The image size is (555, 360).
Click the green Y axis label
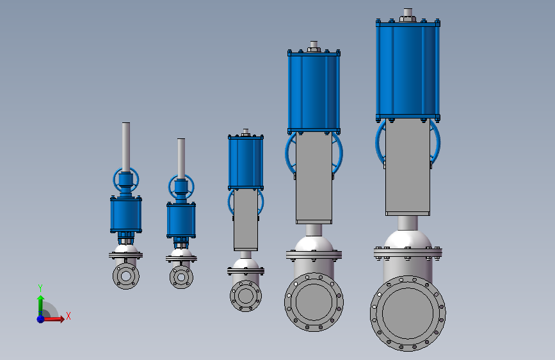pos(40,288)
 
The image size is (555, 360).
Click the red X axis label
pos(68,316)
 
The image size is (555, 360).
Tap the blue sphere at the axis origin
pos(41,319)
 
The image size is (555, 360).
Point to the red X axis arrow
pos(53,319)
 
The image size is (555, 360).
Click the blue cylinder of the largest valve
pos(408,70)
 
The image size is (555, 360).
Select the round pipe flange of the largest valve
pos(408,314)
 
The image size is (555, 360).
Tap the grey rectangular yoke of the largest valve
pos(408,167)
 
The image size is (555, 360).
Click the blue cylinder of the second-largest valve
pos(314,92)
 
